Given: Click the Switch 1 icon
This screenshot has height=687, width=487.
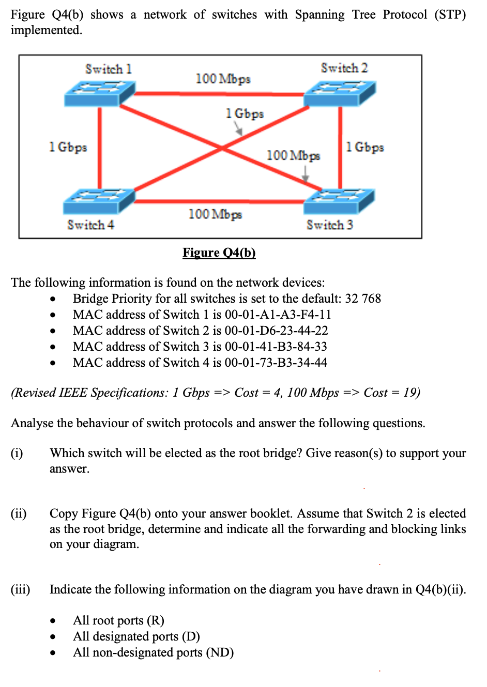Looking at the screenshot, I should (99, 94).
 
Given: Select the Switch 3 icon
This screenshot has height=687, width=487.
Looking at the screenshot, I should (339, 201).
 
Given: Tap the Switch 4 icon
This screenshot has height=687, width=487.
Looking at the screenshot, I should (99, 201).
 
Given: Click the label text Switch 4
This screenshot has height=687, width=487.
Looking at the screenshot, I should (90, 225).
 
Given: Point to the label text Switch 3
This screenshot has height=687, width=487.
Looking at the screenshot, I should (329, 225).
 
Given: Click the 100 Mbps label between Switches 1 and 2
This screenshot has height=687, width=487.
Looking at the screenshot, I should (223, 79).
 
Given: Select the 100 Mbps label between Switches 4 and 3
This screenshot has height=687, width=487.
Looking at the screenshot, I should (215, 214).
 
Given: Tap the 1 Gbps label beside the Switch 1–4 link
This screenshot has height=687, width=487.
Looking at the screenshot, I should (68, 147).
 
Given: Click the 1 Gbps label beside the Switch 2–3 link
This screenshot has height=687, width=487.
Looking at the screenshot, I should (365, 147).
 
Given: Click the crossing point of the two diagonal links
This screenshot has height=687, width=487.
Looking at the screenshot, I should (222, 149).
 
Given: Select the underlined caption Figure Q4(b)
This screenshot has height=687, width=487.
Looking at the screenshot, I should (219, 253).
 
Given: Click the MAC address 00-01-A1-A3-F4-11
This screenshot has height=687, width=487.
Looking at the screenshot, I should (278, 315).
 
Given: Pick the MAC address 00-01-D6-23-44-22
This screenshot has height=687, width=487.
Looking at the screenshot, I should (276, 331).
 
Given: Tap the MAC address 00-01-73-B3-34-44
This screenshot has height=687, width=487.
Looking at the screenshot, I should (276, 363).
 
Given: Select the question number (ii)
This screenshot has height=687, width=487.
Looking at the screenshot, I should (19, 513).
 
